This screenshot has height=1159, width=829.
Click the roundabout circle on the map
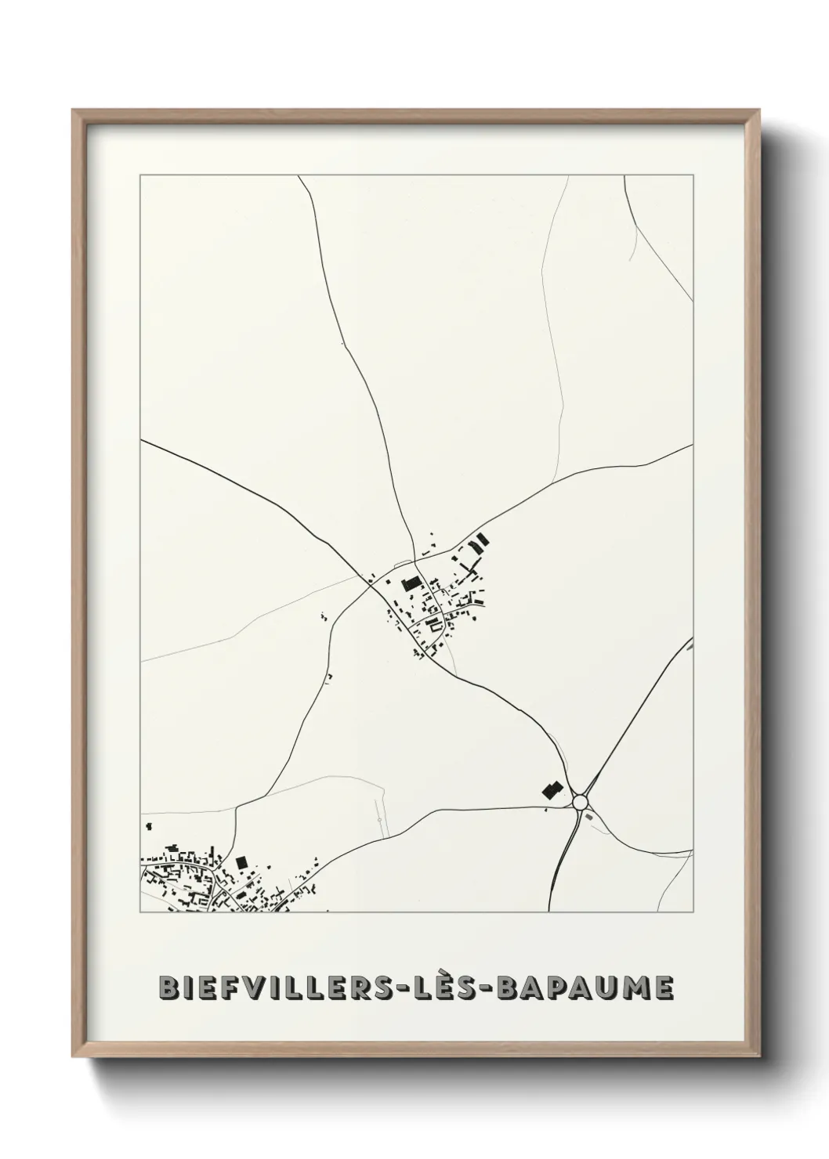[x=580, y=802]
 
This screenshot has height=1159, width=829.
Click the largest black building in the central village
[x=411, y=583]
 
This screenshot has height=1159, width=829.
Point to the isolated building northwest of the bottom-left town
[x=147, y=825]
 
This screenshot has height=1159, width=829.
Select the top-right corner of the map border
[x=693, y=175]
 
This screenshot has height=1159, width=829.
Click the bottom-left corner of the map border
[x=140, y=912]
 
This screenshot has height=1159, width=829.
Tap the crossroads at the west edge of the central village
[x=369, y=581]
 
